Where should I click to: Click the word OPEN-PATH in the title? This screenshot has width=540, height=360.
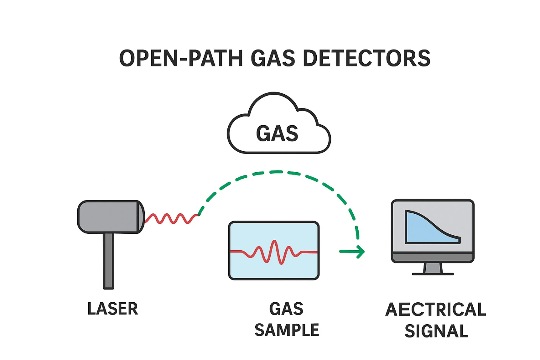181,59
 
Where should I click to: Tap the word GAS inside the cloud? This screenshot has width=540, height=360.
277,134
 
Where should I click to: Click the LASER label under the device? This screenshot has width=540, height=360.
113,309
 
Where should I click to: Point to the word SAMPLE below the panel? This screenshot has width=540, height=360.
287,330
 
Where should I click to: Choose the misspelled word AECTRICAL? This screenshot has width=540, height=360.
436,309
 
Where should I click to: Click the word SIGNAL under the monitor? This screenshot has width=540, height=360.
436,331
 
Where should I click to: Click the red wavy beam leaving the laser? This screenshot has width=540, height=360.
172,218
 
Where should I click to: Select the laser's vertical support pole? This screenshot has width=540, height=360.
109,260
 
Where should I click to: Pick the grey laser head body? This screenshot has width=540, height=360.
107,217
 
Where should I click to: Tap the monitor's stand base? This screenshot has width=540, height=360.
433,273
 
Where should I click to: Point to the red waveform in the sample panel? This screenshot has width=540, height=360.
274,252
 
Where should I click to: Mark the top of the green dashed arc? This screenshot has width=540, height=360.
276,172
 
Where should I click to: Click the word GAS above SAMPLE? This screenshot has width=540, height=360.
286,309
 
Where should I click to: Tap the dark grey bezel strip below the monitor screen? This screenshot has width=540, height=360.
433,258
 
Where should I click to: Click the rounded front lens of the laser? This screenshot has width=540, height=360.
141,217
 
